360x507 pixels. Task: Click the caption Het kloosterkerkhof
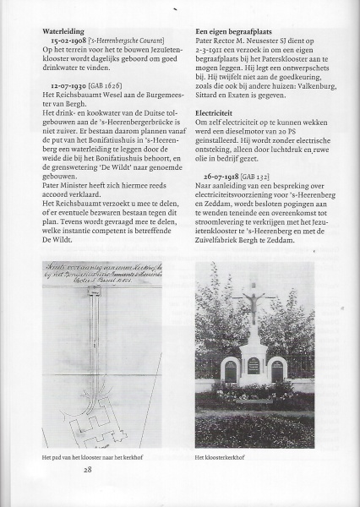[220, 457]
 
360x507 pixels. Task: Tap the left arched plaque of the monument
[229, 370]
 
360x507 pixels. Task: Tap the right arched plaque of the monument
[276, 370]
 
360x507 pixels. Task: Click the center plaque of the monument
[253, 365]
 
